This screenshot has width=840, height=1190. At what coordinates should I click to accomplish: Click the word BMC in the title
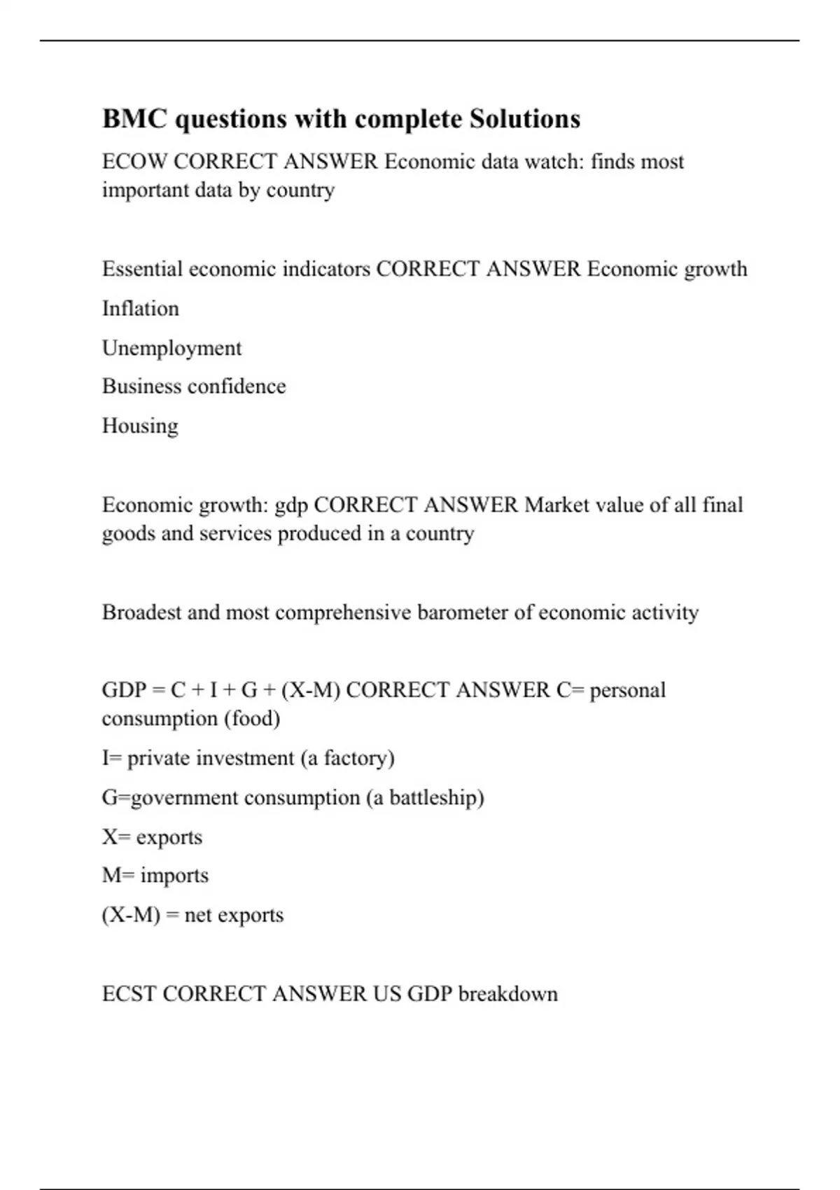[134, 119]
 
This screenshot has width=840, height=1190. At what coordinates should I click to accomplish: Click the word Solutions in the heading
[524, 119]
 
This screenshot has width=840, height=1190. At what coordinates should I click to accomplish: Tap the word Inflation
[141, 309]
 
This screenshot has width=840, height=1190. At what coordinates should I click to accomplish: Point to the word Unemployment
[171, 348]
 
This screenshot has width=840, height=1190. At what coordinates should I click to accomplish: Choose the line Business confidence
[194, 386]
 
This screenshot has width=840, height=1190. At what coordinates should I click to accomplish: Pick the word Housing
[140, 426]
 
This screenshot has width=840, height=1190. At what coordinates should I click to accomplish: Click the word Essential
[142, 269]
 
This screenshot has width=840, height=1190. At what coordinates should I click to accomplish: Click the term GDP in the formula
[123, 690]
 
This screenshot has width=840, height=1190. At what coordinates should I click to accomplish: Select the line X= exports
[152, 837]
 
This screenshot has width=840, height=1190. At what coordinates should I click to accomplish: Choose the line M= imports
[155, 876]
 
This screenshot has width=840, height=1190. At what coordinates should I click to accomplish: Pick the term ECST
[129, 994]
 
